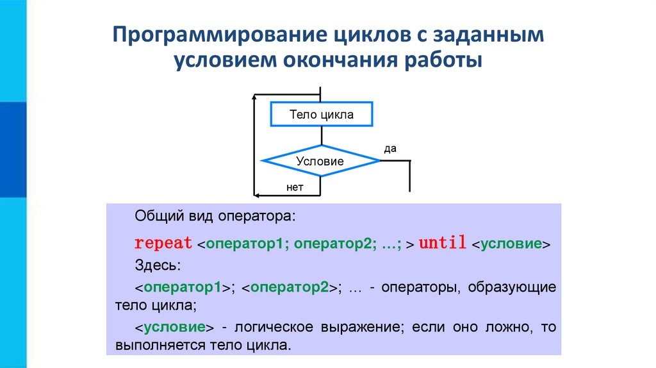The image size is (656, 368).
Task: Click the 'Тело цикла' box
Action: pyautogui.click(x=321, y=115)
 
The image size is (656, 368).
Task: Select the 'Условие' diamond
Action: pyautogui.click(x=320, y=162)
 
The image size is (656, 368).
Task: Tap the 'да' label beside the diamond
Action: pyautogui.click(x=390, y=149)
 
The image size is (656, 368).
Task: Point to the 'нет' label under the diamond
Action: pyautogui.click(x=295, y=187)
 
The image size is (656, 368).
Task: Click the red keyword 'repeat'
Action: pyautogui.click(x=163, y=244)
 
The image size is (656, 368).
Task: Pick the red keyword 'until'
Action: pyautogui.click(x=443, y=244)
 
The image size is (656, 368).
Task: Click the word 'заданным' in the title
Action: pyautogui.click(x=496, y=35)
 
